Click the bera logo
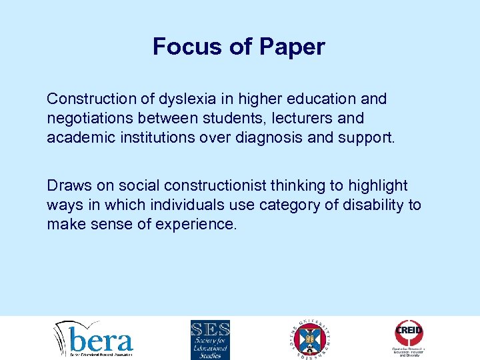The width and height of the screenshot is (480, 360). click(94, 339)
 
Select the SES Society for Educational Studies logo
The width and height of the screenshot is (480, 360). click(210, 339)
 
